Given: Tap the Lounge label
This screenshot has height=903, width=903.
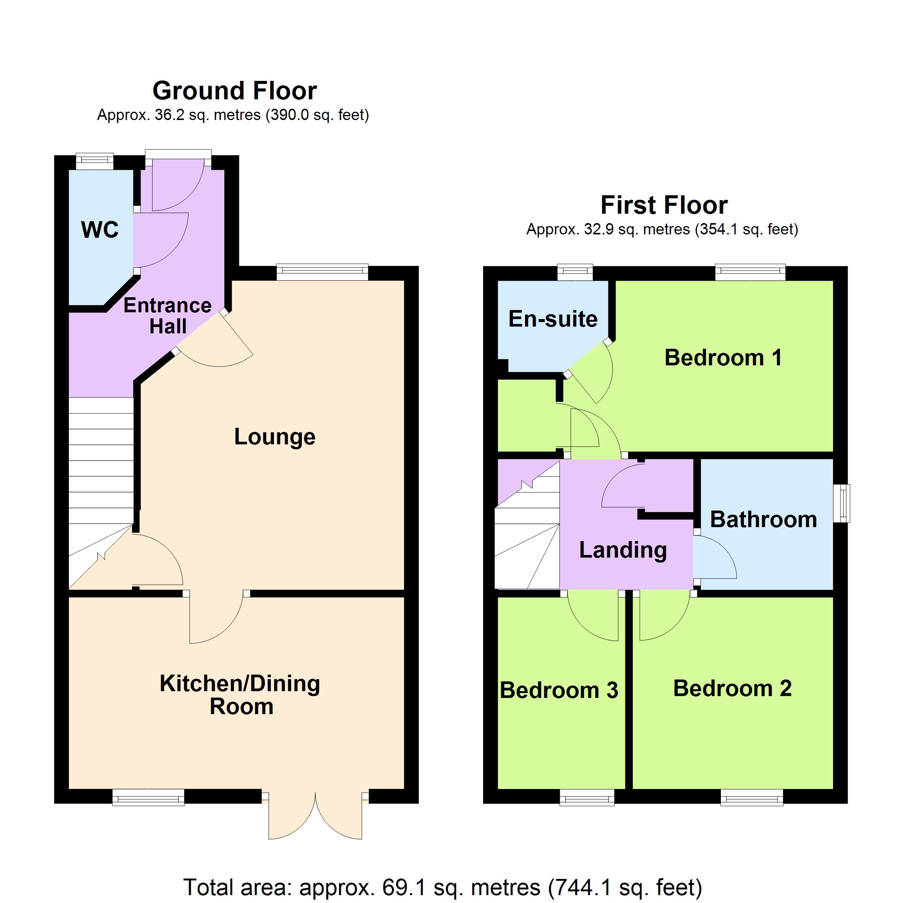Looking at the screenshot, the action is click(275, 437).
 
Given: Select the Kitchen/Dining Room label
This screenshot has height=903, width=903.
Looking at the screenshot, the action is click(240, 695).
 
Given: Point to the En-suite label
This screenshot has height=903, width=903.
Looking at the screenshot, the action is click(553, 319).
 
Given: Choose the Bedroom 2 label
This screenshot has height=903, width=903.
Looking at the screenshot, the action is click(733, 689).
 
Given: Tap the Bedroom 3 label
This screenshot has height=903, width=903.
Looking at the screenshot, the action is click(559, 690).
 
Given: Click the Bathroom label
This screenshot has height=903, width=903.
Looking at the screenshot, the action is click(764, 519).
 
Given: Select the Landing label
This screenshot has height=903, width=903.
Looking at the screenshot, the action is click(623, 550).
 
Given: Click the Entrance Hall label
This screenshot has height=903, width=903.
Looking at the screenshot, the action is click(168, 316).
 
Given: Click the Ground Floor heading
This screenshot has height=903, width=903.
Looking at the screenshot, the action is click(235, 91).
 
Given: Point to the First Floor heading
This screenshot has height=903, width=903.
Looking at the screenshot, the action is click(664, 205).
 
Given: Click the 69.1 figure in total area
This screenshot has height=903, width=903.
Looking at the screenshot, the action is click(403, 887).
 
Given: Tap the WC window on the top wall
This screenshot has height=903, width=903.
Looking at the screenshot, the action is click(95, 162).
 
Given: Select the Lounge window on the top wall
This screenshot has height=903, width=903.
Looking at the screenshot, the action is click(322, 272).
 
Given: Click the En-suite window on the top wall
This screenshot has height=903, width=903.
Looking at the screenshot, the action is click(575, 272).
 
